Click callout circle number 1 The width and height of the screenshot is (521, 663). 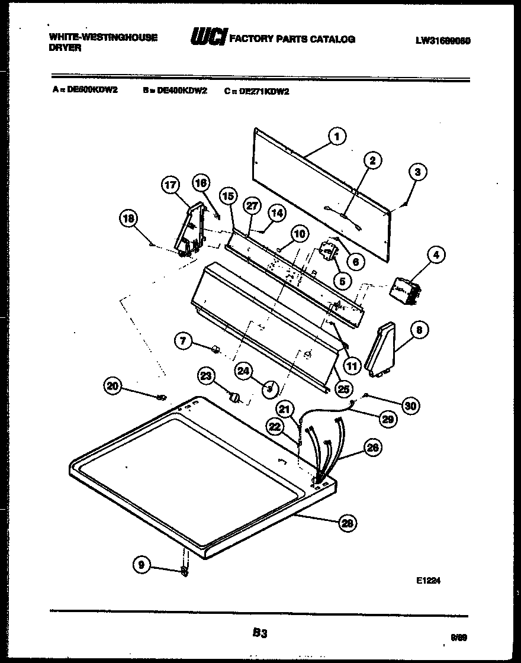coord(336,137)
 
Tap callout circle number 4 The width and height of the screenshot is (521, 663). coord(435,255)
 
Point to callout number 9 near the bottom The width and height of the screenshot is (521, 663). coord(141,565)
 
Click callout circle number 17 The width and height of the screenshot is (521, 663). coord(170,185)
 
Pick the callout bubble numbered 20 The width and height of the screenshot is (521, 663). coord(111,386)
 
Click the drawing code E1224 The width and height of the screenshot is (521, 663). coord(428,581)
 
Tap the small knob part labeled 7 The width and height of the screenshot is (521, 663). coord(216,350)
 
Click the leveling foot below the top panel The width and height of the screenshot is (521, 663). coord(185,569)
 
